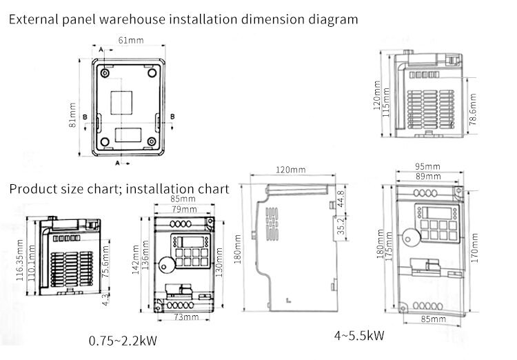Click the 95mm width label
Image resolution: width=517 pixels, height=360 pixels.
(x=427, y=167)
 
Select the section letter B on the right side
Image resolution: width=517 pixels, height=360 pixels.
(x=173, y=116)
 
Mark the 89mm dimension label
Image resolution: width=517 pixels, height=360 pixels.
(x=427, y=176)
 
